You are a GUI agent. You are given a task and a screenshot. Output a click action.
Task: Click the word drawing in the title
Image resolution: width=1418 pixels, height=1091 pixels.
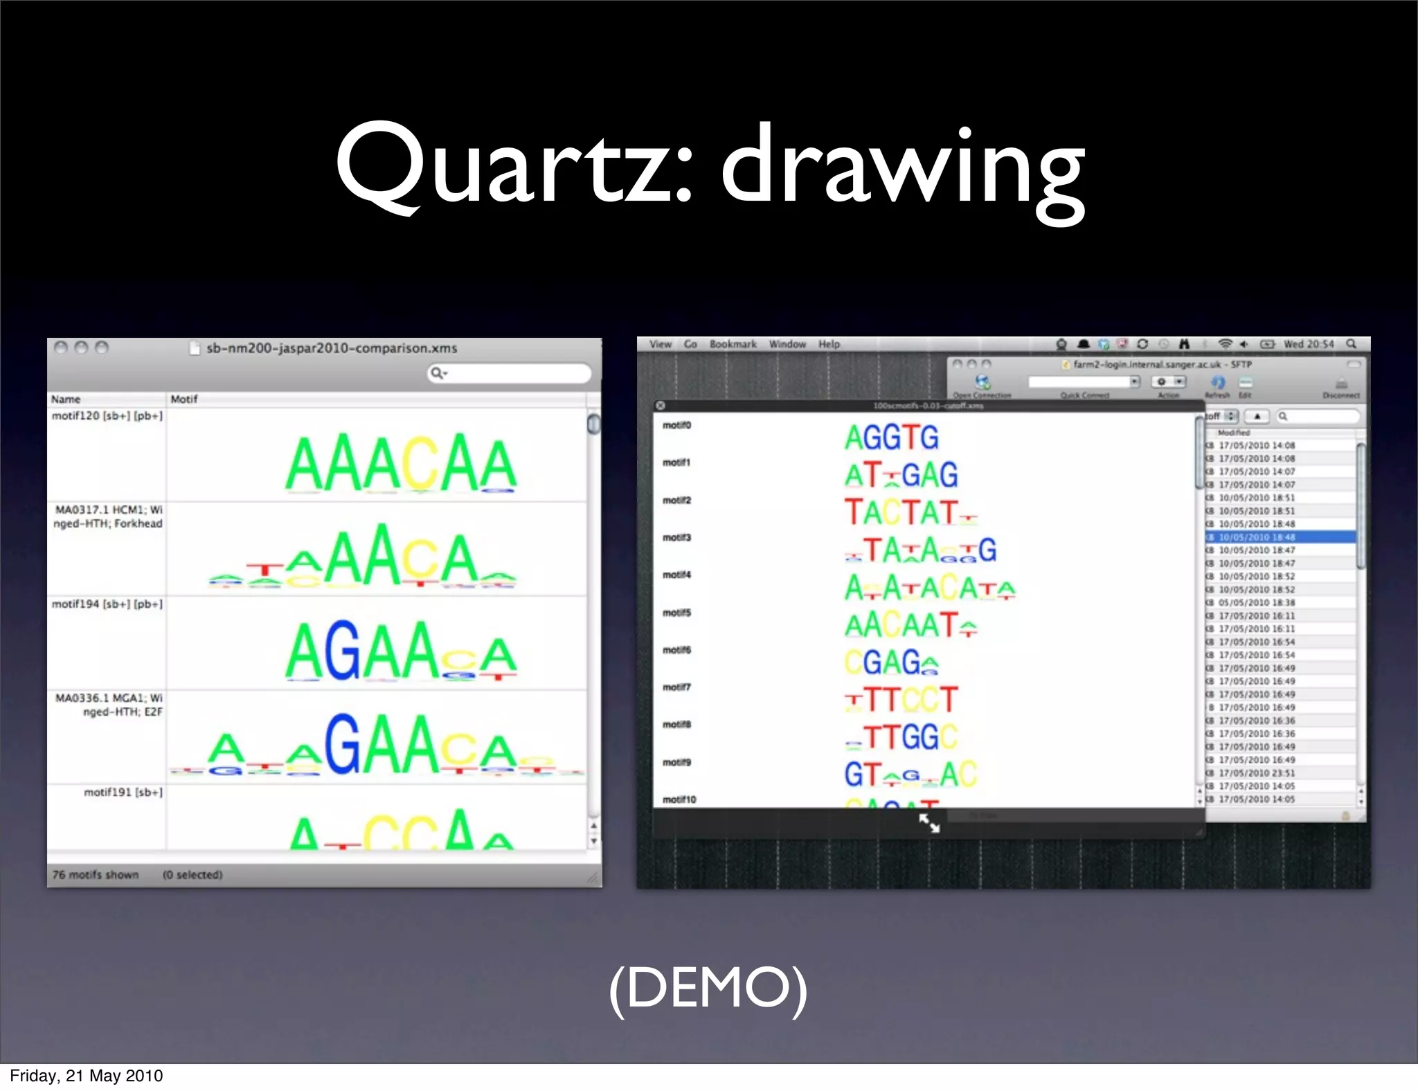point(903,170)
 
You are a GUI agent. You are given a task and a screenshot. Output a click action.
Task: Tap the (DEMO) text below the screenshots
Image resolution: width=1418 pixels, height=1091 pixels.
point(708,988)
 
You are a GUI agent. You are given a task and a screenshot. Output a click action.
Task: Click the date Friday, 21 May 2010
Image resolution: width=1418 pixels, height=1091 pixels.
point(87,1076)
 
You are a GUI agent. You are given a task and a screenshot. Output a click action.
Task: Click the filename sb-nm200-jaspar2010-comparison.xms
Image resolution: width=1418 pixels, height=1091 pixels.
point(332,348)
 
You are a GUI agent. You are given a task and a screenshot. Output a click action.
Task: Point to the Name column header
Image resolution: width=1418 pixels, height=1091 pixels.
point(66,399)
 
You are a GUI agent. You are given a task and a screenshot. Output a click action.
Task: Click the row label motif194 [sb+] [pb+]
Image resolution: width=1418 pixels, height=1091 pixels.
point(107,604)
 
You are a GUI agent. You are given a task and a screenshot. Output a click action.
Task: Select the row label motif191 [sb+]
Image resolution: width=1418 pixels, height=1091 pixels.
point(123,793)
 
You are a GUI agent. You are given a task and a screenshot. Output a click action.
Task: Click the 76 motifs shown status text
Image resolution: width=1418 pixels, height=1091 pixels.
point(96,875)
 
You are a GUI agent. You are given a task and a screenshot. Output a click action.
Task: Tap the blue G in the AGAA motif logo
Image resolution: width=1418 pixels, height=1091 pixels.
point(343,651)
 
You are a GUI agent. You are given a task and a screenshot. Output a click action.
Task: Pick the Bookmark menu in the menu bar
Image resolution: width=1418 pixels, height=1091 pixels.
point(733,344)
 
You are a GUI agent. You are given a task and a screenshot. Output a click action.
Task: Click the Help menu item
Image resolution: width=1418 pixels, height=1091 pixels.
point(829,344)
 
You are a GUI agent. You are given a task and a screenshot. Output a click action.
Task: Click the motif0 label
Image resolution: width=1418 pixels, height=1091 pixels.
point(676,425)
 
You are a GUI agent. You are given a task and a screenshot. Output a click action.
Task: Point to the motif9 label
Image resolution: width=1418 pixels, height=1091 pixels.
point(676,762)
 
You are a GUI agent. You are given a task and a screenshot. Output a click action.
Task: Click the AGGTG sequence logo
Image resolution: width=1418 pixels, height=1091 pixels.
point(891,438)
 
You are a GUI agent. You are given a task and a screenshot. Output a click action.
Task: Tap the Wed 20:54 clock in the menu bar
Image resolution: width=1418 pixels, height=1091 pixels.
point(1308,344)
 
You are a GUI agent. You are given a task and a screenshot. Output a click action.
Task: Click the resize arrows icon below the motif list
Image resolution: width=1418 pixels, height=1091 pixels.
point(929,823)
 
